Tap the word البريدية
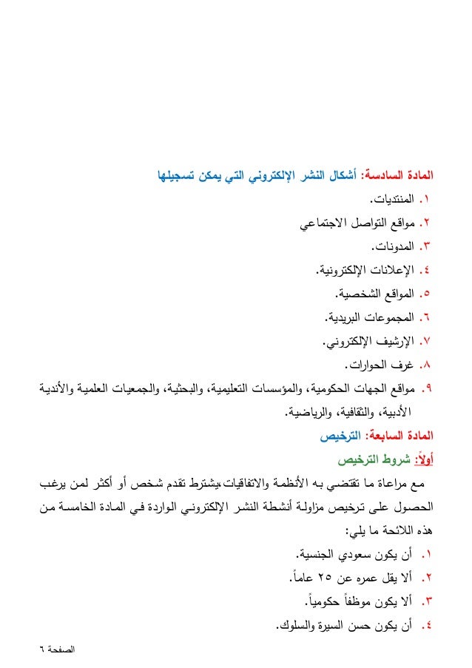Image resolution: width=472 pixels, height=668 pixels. [x=343, y=317]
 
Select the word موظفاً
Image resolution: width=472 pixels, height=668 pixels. [x=354, y=601]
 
